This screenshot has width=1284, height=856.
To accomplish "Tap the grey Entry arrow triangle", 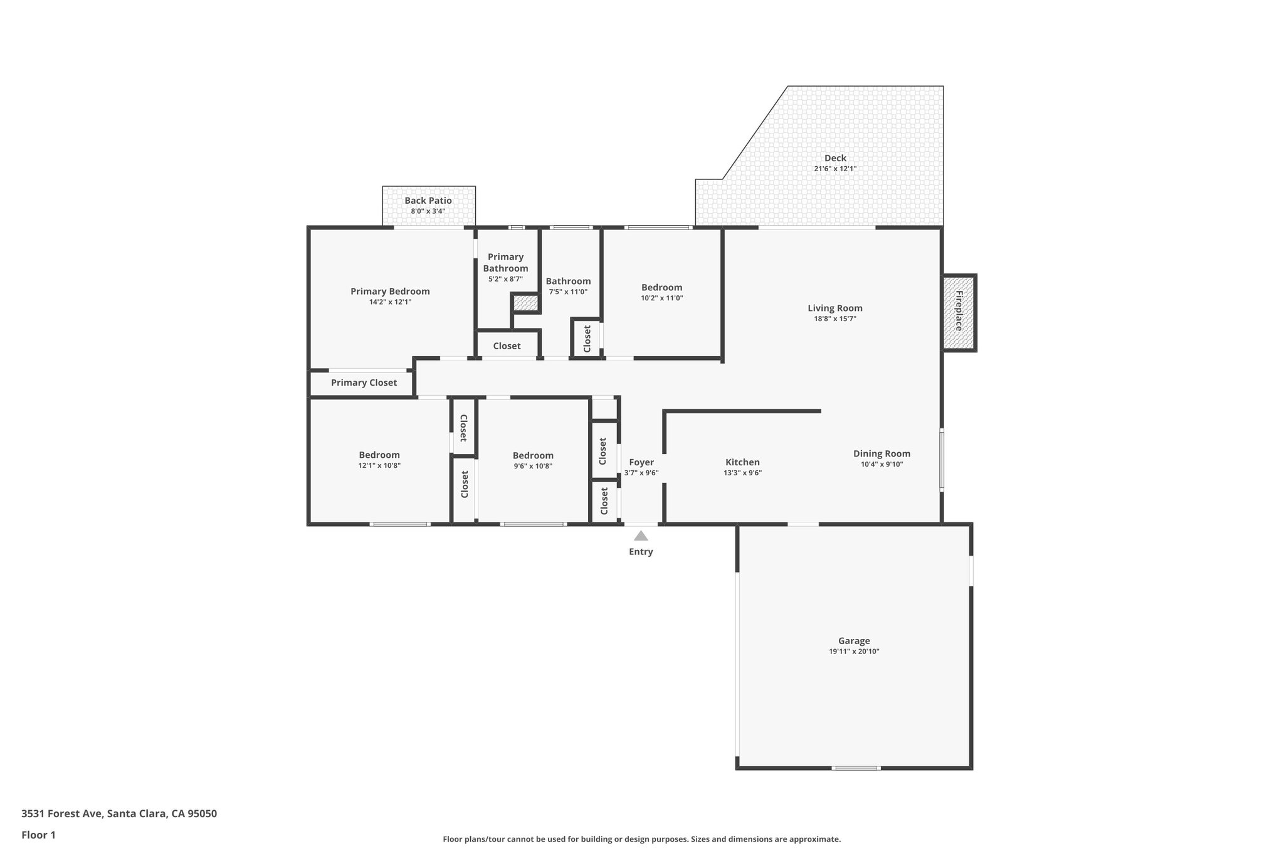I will [641, 536].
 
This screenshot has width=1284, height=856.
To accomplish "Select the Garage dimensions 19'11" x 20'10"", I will [854, 652].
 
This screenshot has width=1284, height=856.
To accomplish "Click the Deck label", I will [835, 158].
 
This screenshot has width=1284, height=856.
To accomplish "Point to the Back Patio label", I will [428, 201].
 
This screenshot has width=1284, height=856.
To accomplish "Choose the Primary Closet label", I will [364, 383].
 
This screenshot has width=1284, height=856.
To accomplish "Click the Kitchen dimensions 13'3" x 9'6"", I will [742, 473].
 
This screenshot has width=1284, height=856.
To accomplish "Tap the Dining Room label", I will [881, 453].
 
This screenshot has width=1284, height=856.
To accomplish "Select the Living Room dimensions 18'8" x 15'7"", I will [835, 319].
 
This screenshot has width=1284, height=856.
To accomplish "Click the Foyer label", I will [641, 462].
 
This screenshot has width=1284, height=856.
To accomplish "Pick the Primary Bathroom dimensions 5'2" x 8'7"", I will [505, 279].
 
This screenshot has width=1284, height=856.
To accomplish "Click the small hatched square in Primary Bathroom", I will [525, 304].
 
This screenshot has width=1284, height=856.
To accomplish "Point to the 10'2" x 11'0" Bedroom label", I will [661, 287].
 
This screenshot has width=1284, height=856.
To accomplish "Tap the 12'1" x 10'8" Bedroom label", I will [379, 455].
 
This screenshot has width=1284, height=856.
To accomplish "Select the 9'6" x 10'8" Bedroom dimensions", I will [533, 466].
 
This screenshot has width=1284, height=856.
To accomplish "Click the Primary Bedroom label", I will [390, 291].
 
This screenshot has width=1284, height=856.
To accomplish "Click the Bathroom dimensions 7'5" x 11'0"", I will [568, 292].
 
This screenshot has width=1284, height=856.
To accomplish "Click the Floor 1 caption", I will [39, 835].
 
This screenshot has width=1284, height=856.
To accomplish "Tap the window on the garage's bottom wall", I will [856, 768].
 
